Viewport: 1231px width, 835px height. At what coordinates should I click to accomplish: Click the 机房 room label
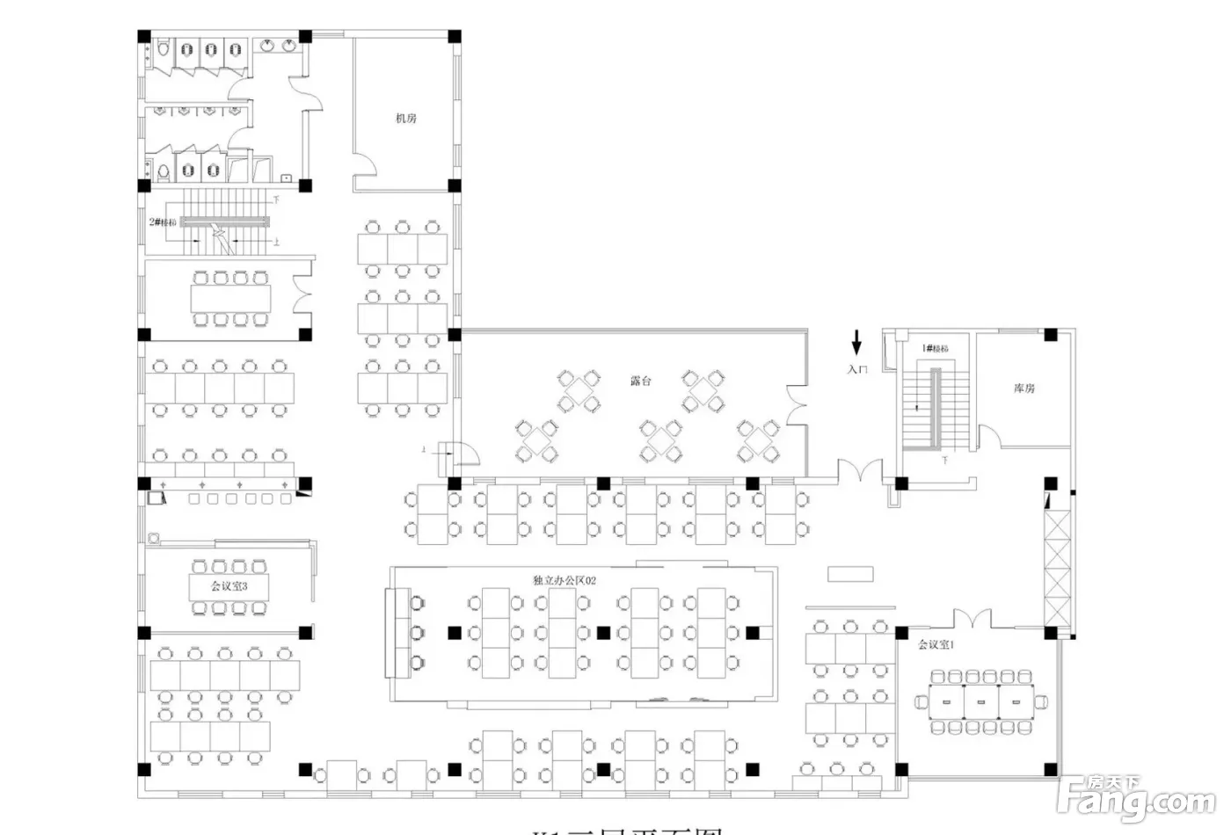405,119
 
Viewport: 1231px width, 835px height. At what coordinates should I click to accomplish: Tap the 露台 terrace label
641,381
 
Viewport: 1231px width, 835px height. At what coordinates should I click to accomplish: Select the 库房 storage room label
1024,388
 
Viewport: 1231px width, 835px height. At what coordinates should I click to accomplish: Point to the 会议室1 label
936,644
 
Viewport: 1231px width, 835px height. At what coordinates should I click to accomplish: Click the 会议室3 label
229,585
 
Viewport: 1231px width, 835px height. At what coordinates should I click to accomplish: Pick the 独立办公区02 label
565,580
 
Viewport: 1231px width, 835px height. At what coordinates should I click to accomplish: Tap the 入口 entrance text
857,370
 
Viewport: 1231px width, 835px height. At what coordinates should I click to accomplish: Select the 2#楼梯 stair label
163,222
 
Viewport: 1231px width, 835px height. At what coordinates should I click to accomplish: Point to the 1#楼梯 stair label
936,349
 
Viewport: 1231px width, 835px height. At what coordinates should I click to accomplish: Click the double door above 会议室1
972,620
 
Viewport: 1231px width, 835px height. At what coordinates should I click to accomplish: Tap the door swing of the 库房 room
988,437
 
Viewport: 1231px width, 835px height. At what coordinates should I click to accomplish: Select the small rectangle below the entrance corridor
851,574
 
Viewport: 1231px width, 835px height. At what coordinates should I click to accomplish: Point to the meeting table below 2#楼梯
231,299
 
